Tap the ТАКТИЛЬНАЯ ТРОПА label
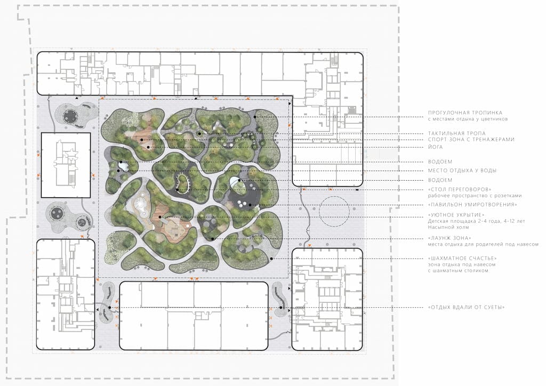tap(456, 133)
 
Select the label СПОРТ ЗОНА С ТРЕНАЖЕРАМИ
tap(471, 140)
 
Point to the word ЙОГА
tap(435, 147)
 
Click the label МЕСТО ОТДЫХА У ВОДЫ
tap(462, 171)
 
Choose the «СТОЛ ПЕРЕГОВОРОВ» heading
tap(460, 190)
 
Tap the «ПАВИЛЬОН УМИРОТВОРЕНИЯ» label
tap(472, 205)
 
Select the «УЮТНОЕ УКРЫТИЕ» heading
tap(456, 215)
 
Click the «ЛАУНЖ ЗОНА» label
tap(449, 238)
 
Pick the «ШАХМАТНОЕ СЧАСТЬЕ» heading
tap(462, 258)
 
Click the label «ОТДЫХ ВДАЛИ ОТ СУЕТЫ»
tap(466, 307)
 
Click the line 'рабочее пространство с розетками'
tap(475, 196)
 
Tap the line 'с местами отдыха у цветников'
tap(468, 119)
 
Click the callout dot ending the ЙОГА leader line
tap(148, 147)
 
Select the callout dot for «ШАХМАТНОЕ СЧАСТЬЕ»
tap(271, 259)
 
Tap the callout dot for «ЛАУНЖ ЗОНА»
tap(212, 239)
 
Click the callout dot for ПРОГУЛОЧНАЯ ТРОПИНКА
tap(255, 117)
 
